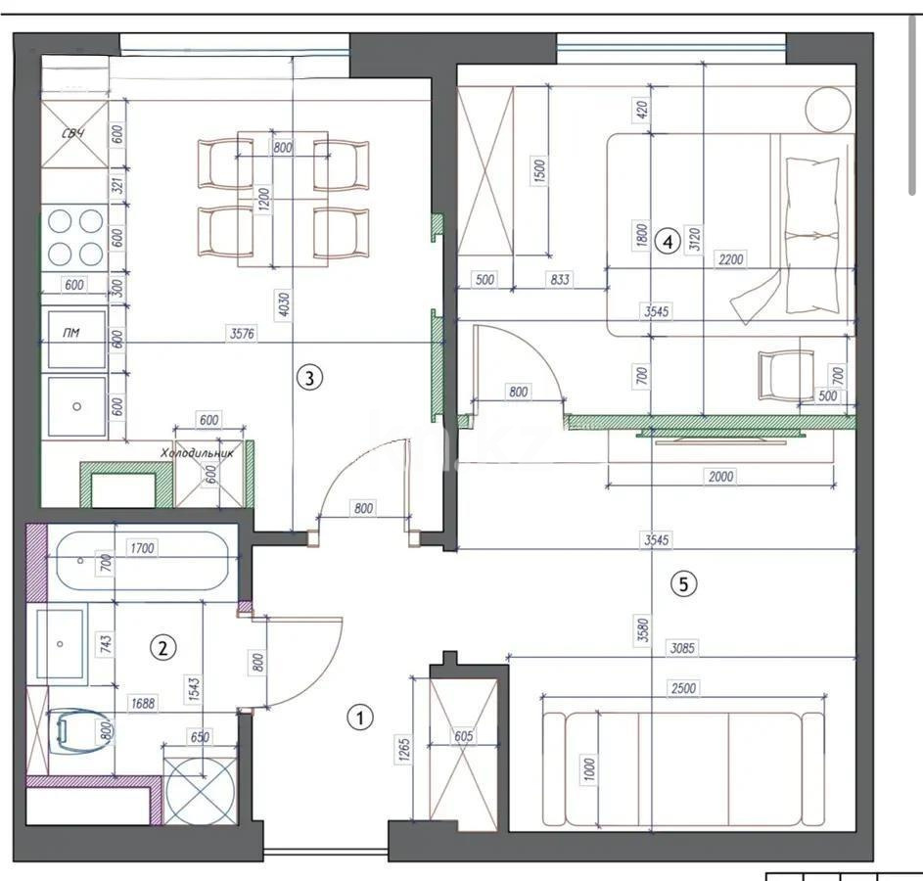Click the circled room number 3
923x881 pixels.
309,377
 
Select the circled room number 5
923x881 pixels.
683,584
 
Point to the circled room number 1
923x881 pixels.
361,719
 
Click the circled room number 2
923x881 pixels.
162,647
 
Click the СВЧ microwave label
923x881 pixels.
72,131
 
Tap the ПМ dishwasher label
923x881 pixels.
70,334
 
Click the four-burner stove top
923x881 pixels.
74,237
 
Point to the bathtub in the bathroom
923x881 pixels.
144,561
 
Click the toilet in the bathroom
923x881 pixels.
79,730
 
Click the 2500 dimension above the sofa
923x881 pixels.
683,688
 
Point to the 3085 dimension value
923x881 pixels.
682,647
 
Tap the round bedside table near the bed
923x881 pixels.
829,109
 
